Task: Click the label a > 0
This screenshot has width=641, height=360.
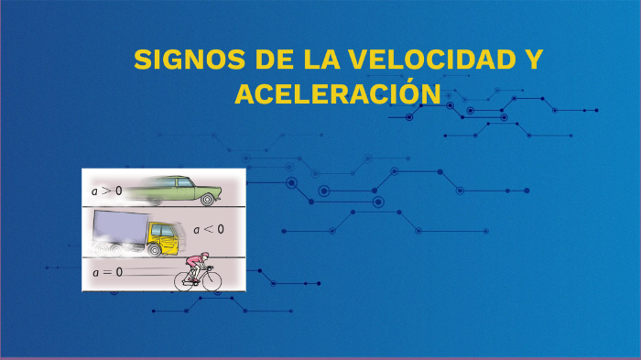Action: [x=106, y=191]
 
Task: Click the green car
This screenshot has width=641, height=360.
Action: [x=188, y=190]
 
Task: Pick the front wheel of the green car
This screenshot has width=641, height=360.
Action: [x=210, y=199]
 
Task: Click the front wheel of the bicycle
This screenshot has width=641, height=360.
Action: [x=212, y=280]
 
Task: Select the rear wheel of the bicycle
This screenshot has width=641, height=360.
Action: [x=186, y=280]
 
